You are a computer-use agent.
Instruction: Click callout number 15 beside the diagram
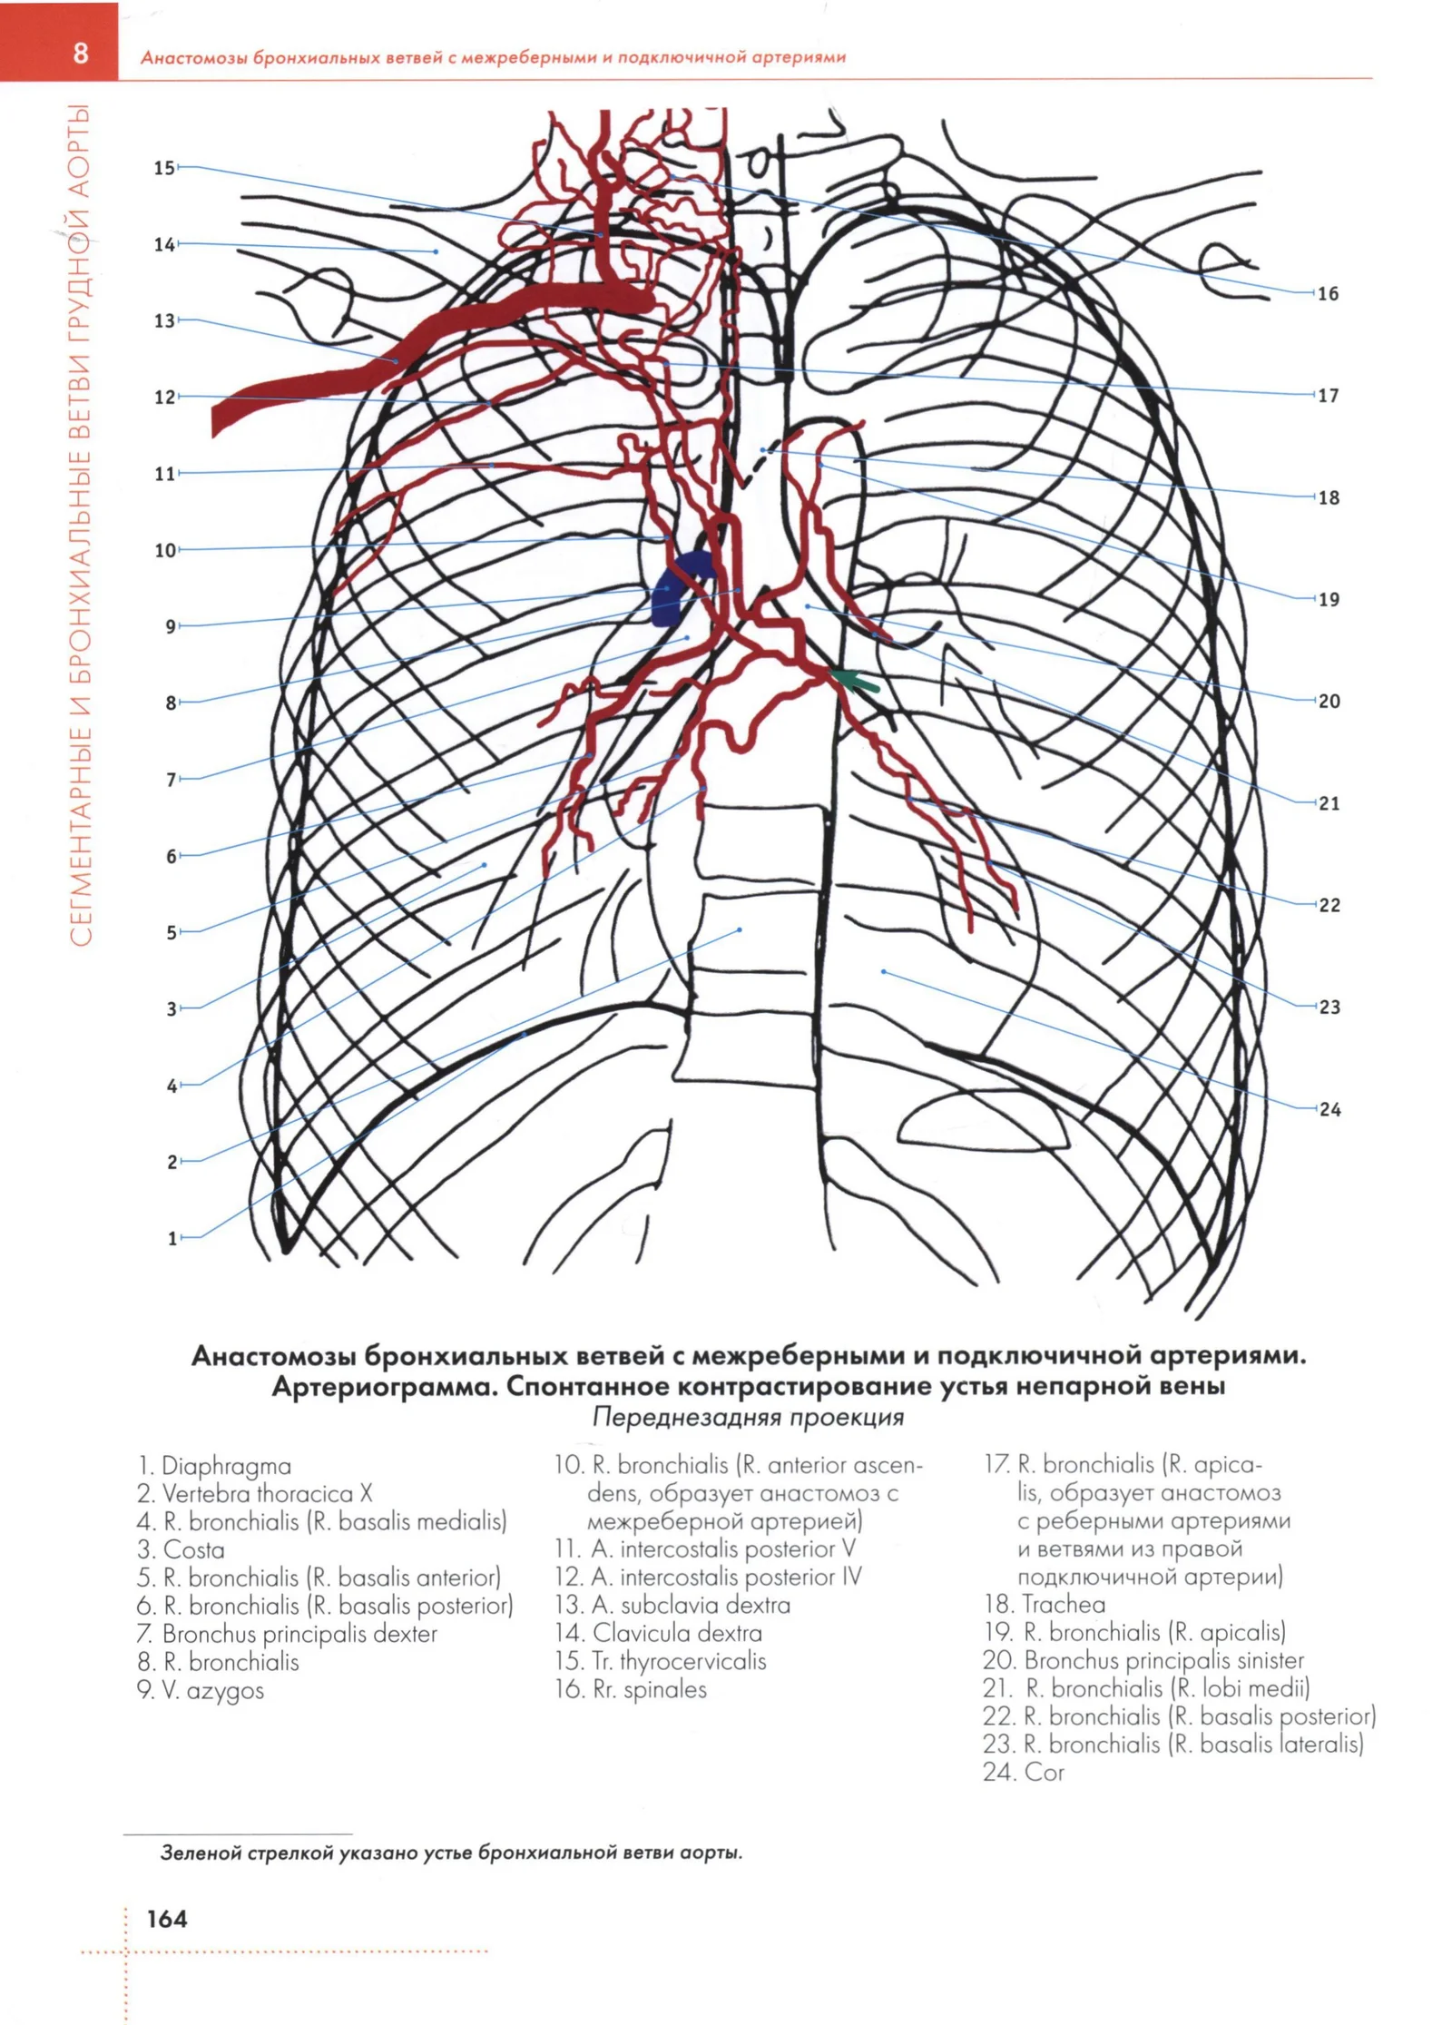pyautogui.click(x=163, y=168)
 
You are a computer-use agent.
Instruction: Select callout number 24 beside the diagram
pyautogui.click(x=1329, y=1109)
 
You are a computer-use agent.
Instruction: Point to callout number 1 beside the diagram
pyautogui.click(x=172, y=1238)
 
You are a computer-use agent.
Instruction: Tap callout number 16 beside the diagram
pyautogui.click(x=1328, y=293)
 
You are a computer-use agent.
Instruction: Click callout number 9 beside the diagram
pyautogui.click(x=171, y=626)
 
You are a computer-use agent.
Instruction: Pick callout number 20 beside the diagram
pyautogui.click(x=1329, y=701)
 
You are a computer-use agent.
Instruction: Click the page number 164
pyautogui.click(x=167, y=1918)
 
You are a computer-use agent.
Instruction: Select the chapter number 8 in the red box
pyautogui.click(x=81, y=53)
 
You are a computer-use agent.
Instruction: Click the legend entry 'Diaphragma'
pyautogui.click(x=214, y=1465)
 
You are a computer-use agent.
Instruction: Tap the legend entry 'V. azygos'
pyautogui.click(x=201, y=1690)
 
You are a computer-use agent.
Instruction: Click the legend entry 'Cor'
pyautogui.click(x=1023, y=1772)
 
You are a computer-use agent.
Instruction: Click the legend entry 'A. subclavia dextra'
pyautogui.click(x=672, y=1605)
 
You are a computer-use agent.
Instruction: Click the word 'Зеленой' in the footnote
pyautogui.click(x=201, y=1853)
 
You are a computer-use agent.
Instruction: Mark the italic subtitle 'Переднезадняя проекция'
pyautogui.click(x=748, y=1417)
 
